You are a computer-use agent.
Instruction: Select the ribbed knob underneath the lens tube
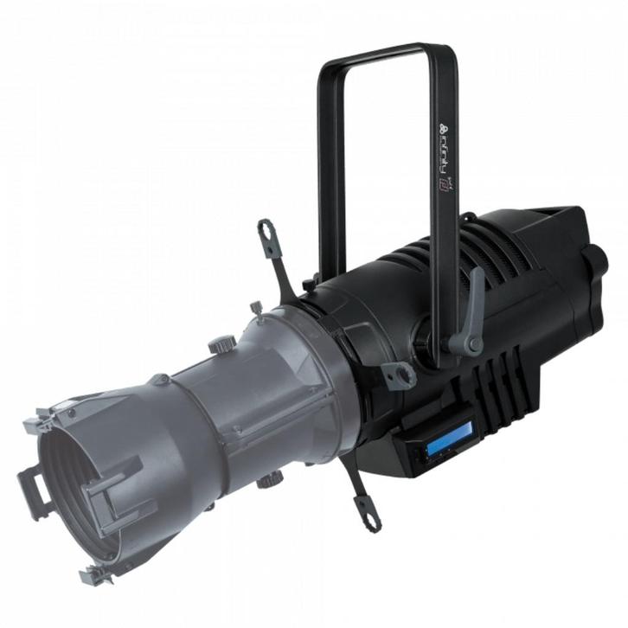(267, 478)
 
